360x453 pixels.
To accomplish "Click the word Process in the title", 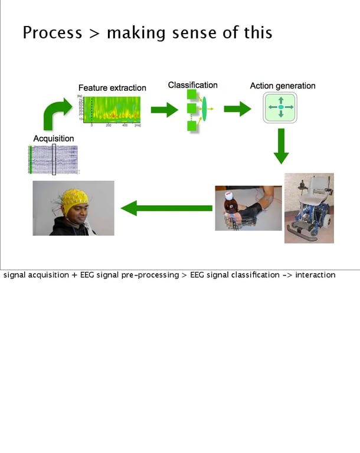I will coord(52,32).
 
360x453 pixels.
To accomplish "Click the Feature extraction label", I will coord(112,88).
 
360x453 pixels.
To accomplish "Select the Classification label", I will coord(192,85).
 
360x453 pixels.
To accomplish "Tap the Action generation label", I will coord(282,86).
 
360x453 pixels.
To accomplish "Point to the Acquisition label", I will coord(54,139).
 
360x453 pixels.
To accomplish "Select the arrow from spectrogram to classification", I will coord(163,109).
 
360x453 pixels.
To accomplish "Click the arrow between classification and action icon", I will coord(237,109).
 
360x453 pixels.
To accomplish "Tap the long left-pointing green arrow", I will coord(166,208).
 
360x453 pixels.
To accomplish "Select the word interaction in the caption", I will coord(315,275).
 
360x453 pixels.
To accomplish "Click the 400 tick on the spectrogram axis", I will coord(125,126).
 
